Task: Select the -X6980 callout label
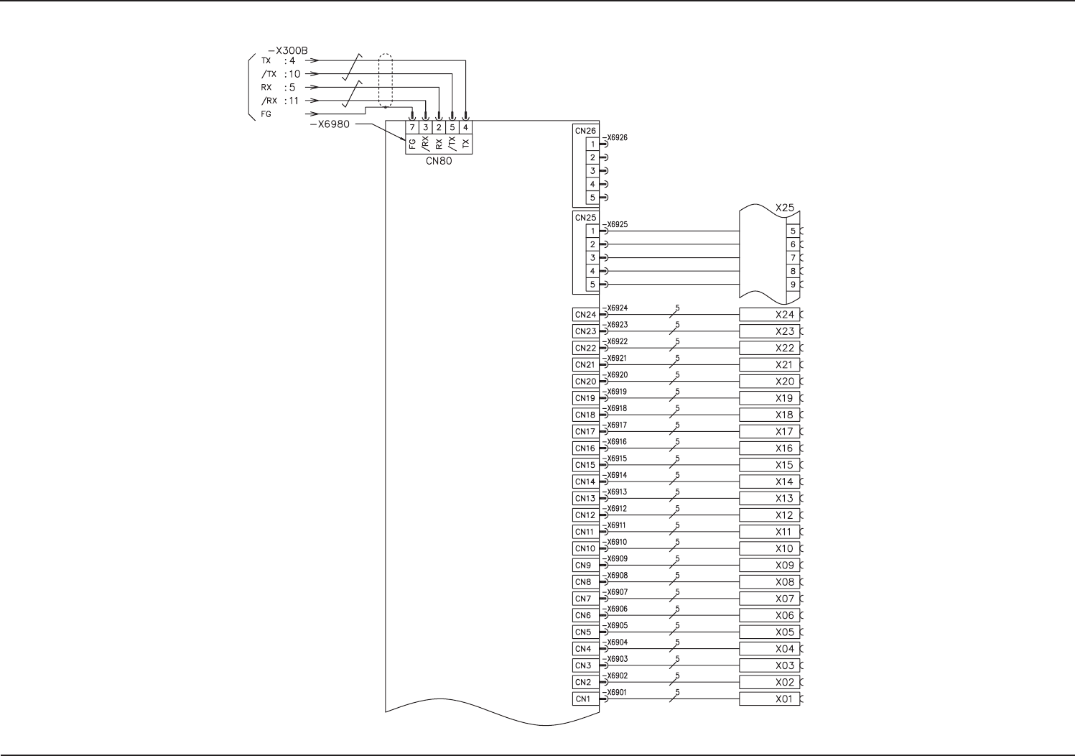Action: coord(330,124)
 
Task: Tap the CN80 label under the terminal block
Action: coord(439,161)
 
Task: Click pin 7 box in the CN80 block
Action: coord(412,128)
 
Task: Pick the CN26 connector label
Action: coord(585,131)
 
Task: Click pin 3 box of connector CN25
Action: coord(592,258)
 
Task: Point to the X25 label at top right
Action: coord(785,208)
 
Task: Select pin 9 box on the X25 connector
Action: coord(793,285)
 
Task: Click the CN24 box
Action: coord(585,315)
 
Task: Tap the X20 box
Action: coord(770,382)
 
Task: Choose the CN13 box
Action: coord(585,499)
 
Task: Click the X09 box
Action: coord(770,566)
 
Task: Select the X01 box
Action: coord(770,699)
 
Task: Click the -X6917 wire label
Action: coord(615,425)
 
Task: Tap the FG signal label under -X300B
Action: coord(266,114)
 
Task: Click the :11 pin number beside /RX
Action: coord(292,101)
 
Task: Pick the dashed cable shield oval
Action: coord(386,80)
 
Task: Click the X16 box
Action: coord(770,448)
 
